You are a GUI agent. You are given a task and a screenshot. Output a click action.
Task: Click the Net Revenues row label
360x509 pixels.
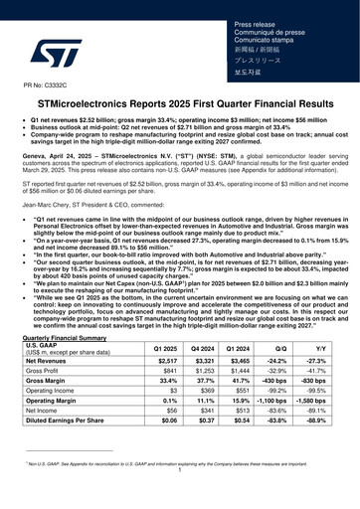coord(55,361)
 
